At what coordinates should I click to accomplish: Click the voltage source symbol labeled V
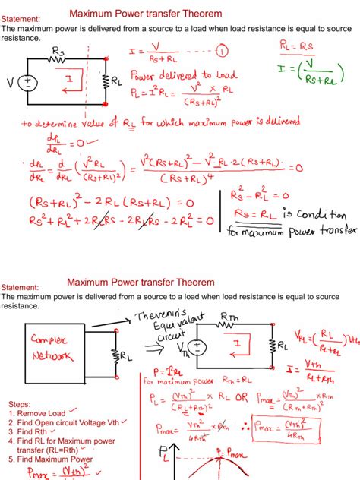(x=30, y=83)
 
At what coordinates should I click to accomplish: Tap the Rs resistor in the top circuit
(x=58, y=61)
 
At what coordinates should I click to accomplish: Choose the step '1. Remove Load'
(x=36, y=413)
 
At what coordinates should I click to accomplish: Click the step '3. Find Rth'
(x=29, y=431)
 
